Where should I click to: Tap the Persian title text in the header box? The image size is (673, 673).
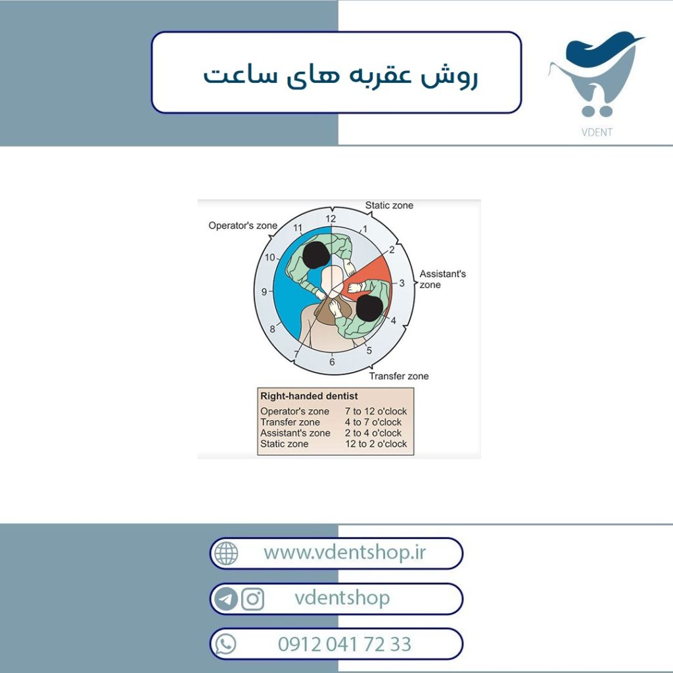340,75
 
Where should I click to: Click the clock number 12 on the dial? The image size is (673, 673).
331,218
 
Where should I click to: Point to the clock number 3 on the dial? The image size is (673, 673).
402,283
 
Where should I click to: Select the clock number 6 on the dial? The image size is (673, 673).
332,362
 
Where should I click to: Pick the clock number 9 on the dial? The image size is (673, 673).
264,292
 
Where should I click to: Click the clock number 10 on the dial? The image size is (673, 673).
269,257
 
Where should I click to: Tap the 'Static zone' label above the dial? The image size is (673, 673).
389,205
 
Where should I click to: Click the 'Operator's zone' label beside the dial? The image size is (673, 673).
243,225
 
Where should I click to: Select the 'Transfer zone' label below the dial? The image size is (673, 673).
399,376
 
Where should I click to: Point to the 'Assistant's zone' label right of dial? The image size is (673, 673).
442,279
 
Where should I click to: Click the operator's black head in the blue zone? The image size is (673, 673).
316,256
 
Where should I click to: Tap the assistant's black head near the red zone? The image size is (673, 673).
369,308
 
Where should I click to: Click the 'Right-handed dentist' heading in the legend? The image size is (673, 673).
309,396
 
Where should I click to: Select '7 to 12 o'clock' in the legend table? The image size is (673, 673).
375,411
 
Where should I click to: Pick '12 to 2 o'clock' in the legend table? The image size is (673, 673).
376,444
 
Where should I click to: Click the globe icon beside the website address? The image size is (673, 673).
226,553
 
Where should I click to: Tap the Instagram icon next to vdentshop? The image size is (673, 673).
253,599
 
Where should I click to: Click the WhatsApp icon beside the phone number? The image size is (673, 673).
225,644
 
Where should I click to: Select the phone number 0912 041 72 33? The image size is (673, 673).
344,644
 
